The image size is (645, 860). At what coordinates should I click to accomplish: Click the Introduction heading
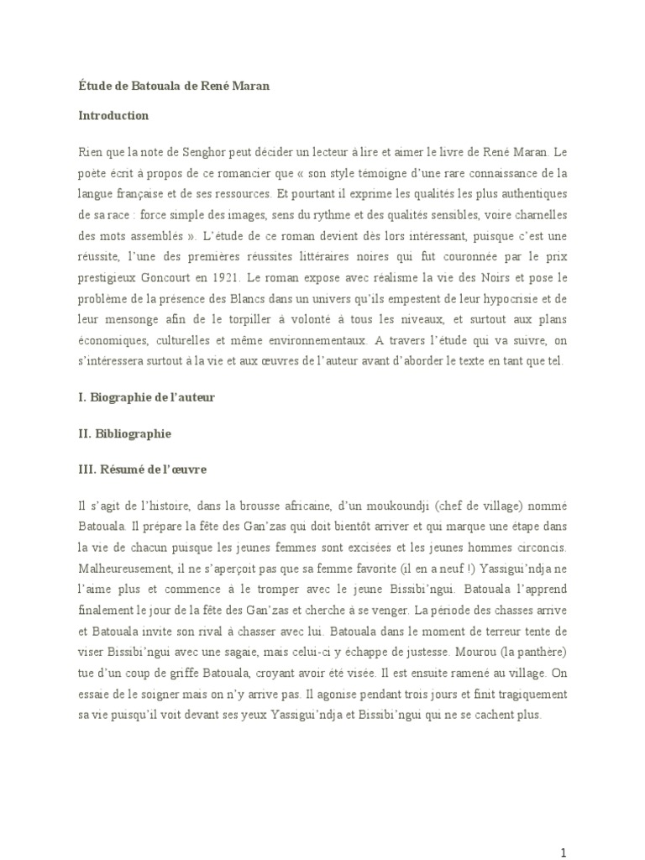[x=110, y=116]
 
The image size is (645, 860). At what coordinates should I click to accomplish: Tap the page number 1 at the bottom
[x=564, y=830]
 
